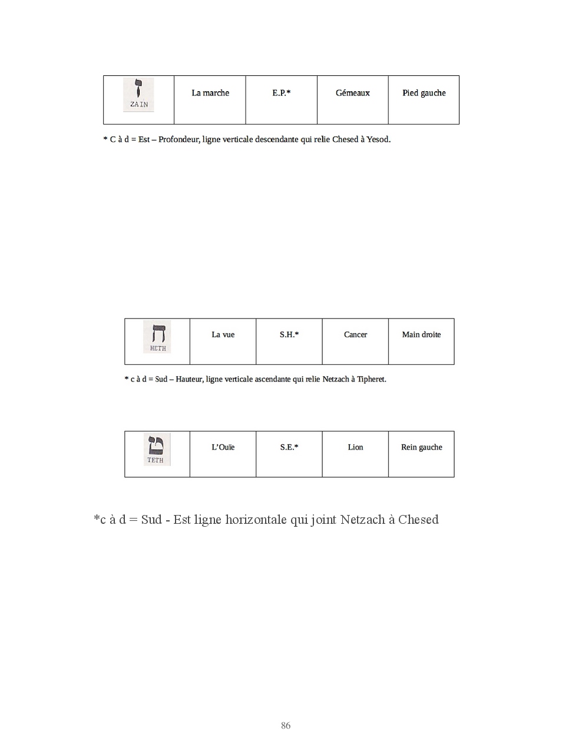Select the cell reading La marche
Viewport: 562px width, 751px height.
point(210,93)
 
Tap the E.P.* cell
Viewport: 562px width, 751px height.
point(282,93)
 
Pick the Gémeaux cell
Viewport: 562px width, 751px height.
point(353,93)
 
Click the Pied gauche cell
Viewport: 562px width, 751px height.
point(424,93)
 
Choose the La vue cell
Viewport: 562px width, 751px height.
point(223,335)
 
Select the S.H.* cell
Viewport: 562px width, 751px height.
point(289,335)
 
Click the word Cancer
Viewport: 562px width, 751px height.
point(355,335)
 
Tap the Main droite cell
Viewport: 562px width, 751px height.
point(421,335)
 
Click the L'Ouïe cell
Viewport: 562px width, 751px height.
point(223,447)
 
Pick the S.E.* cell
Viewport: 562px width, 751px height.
point(289,447)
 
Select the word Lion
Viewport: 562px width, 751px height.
point(355,447)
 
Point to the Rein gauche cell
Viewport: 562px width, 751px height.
point(422,447)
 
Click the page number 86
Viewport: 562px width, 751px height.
point(286,726)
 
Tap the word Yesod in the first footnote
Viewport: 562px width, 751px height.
point(378,139)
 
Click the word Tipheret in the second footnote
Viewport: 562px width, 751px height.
point(371,380)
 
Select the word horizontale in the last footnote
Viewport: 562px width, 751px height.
point(256,520)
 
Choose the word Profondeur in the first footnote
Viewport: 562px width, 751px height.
point(178,139)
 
